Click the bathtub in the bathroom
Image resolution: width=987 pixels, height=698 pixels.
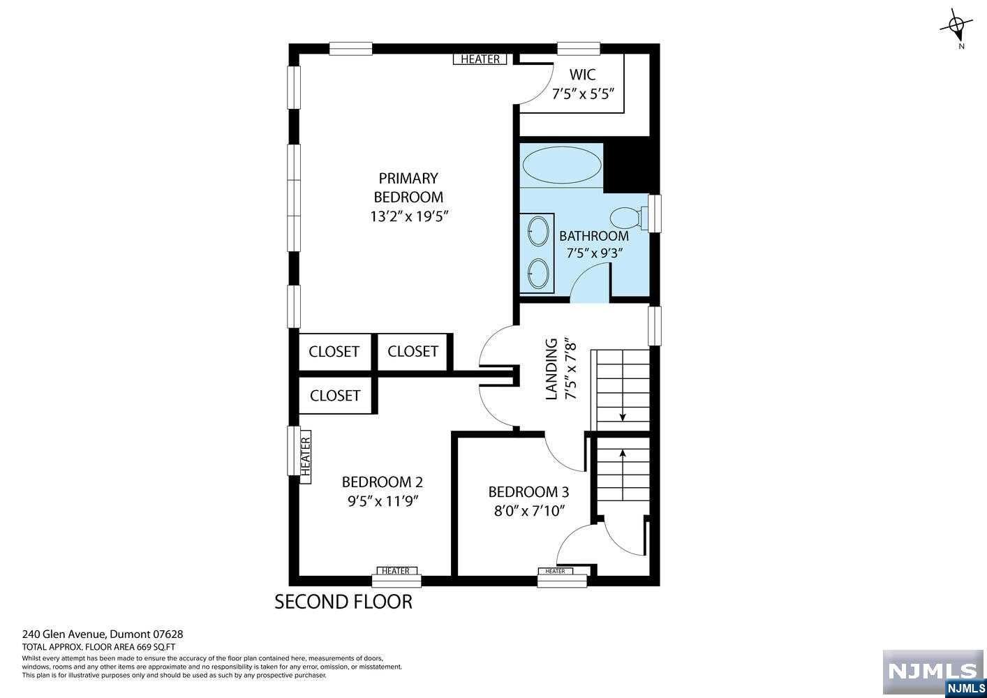coord(562,165)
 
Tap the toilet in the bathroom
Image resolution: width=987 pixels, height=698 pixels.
coord(629,217)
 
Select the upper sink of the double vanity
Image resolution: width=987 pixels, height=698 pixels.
coord(538,231)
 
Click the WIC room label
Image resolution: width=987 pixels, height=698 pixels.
coord(583,75)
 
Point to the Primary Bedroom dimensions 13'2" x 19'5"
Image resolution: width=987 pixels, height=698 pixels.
coord(409,216)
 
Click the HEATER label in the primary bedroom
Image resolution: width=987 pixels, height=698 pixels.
coord(480,59)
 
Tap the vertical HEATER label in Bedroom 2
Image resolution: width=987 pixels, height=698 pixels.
coord(305,456)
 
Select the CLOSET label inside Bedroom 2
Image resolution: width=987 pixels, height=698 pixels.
coord(335,395)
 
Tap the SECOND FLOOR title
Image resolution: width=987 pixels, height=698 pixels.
coord(343,602)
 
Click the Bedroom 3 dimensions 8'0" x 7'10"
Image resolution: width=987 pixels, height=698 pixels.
coord(529,511)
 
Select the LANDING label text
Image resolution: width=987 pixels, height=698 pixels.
coord(551,369)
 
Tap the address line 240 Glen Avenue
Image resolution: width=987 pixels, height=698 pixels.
coord(64,634)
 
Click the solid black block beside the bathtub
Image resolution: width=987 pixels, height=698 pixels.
coord(631,168)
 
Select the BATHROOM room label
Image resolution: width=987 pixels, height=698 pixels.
coord(594,236)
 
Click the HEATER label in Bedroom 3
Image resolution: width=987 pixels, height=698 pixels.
coord(555,571)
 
